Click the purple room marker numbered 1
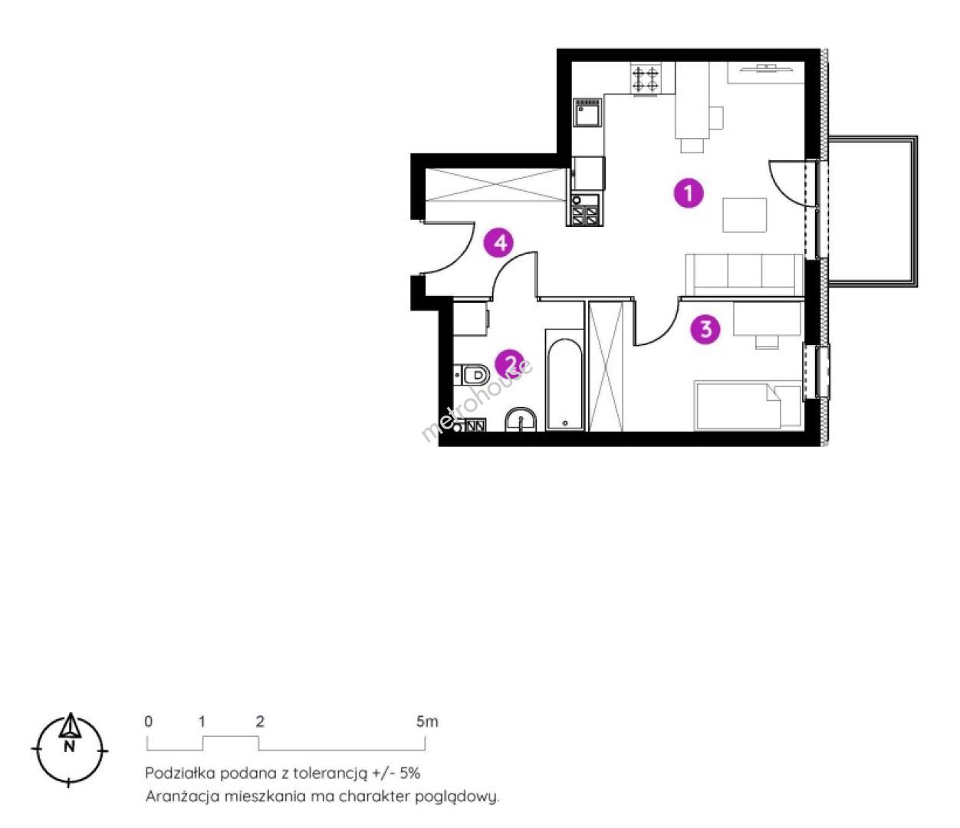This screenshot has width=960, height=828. click(689, 192)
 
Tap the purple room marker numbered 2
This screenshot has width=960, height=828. click(509, 363)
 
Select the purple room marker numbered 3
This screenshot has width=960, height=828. click(705, 329)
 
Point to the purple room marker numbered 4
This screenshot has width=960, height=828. click(499, 242)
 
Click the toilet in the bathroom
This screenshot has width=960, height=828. click(472, 374)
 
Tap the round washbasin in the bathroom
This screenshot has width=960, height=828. click(521, 420)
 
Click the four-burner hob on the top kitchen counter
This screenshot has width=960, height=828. click(646, 79)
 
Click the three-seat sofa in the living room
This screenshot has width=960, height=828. click(744, 274)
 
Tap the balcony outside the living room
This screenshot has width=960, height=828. click(873, 212)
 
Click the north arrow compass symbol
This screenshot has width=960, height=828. click(70, 750)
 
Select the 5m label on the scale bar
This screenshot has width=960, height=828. click(427, 721)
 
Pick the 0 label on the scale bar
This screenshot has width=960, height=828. click(148, 721)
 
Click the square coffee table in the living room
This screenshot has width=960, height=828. click(744, 215)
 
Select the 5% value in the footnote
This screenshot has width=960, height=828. click(409, 774)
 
